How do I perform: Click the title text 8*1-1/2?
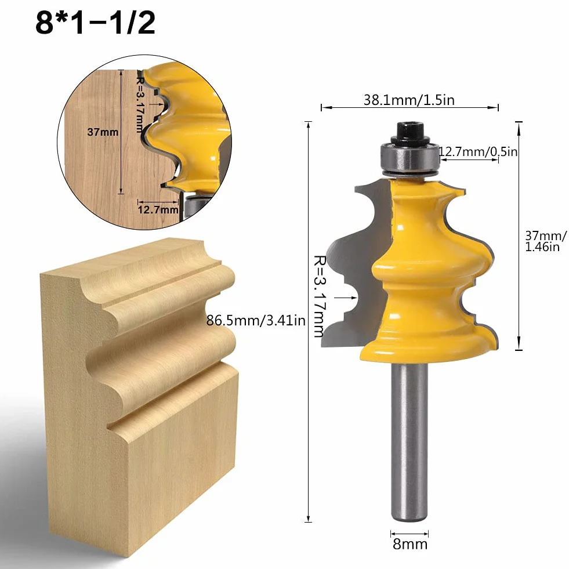(96, 23)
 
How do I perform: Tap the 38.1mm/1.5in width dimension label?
(409, 100)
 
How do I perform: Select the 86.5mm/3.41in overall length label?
(256, 320)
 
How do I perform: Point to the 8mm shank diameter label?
(410, 544)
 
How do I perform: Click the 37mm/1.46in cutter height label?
(545, 241)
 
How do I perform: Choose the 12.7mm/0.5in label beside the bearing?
(479, 151)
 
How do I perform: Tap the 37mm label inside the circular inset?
(103, 132)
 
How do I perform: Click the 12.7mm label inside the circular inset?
(158, 210)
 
